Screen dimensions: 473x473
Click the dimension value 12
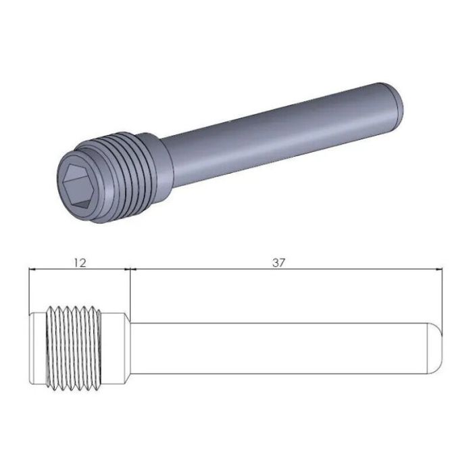click(x=80, y=262)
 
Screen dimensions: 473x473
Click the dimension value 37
click(x=278, y=262)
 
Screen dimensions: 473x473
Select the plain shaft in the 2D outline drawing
click(x=277, y=348)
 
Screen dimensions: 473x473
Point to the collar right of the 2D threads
click(x=115, y=348)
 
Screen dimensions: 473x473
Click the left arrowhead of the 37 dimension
click(x=132, y=270)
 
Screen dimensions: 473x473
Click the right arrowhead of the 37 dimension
click(x=439, y=270)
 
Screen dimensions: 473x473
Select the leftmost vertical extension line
click(x=29, y=291)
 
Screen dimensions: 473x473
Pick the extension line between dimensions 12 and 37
click(x=128, y=291)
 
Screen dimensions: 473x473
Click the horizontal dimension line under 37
click(x=338, y=270)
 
